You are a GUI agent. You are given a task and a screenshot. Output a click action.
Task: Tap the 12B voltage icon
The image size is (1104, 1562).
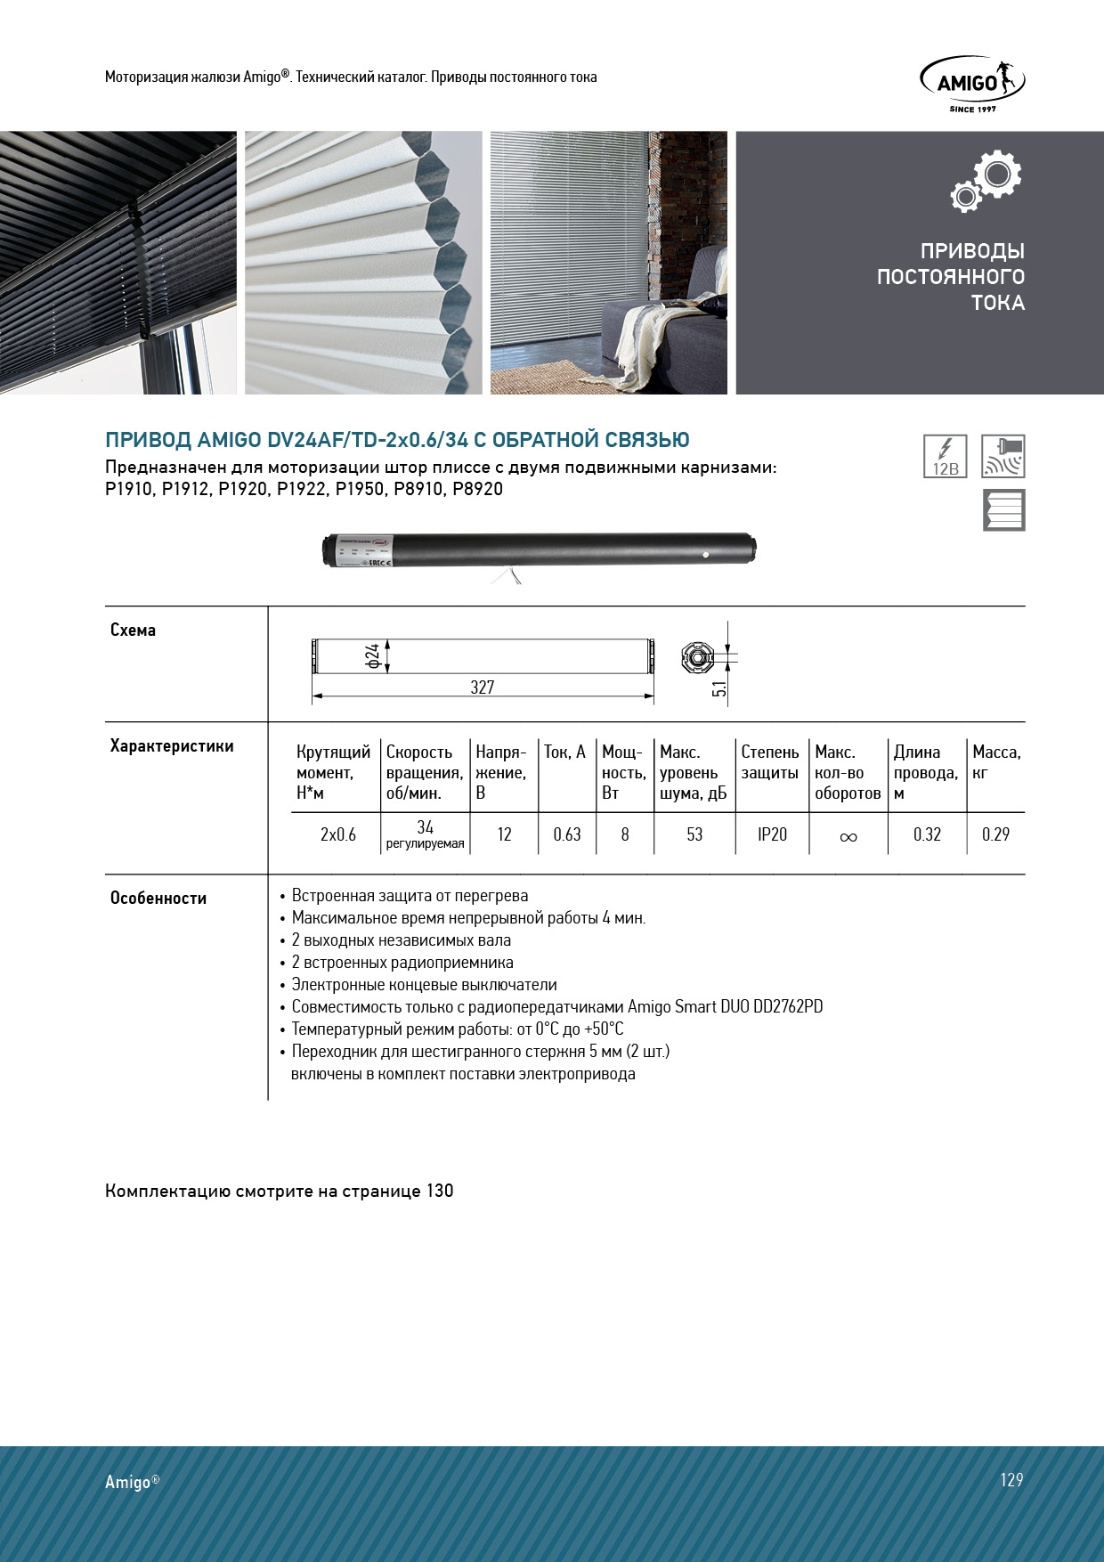945,456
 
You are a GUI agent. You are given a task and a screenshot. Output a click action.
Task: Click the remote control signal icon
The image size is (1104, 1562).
1003,456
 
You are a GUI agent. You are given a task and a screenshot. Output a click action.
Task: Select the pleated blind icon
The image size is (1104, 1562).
1003,510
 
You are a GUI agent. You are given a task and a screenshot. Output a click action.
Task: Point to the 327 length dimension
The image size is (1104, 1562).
482,687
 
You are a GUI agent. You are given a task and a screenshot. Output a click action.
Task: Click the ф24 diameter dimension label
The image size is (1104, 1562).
373,656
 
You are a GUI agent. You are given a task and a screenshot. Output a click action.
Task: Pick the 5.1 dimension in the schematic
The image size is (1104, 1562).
719,687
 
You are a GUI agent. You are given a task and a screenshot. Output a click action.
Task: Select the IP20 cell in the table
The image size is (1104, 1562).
772,834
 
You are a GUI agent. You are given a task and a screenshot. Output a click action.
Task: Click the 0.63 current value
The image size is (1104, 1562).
566,834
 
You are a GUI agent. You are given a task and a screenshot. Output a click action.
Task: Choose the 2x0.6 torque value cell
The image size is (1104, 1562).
337,834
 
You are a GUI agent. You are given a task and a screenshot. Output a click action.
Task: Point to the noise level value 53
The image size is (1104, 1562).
694,834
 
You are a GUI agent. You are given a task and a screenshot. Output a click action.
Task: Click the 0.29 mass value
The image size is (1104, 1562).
995,834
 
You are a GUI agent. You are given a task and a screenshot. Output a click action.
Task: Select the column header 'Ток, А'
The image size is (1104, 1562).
564,753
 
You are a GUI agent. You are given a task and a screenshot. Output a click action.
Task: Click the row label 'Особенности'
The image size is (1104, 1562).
158,898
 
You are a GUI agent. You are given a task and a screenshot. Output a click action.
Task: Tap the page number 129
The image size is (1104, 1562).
1011,1479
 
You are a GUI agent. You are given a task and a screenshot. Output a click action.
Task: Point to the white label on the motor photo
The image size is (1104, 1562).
363,550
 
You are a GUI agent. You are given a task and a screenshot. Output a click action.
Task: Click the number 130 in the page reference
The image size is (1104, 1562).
440,1191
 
